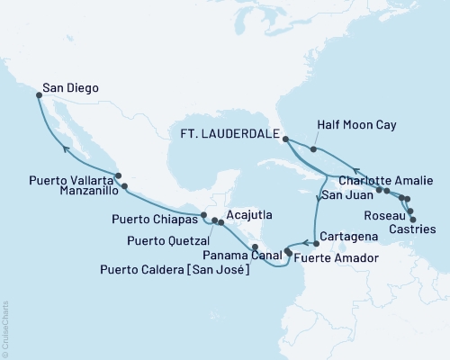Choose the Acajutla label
(249, 216)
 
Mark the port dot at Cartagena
(314, 242)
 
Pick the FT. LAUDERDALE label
(232, 139)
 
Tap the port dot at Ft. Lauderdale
(285, 139)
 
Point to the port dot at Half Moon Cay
(312, 149)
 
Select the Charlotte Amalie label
(385, 177)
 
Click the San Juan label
(346, 195)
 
